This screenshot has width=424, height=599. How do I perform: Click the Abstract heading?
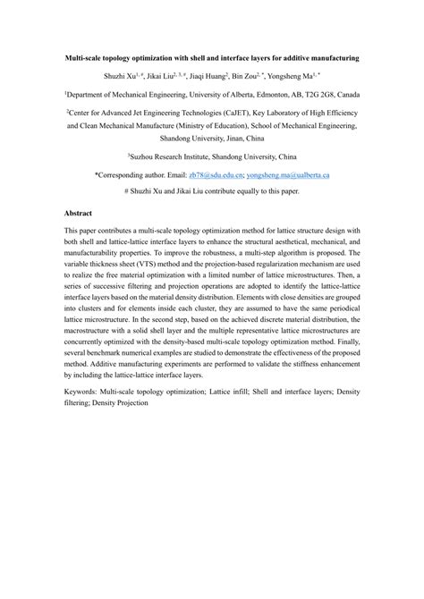(x=81, y=215)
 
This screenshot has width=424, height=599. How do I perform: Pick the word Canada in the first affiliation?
(x=343, y=94)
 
